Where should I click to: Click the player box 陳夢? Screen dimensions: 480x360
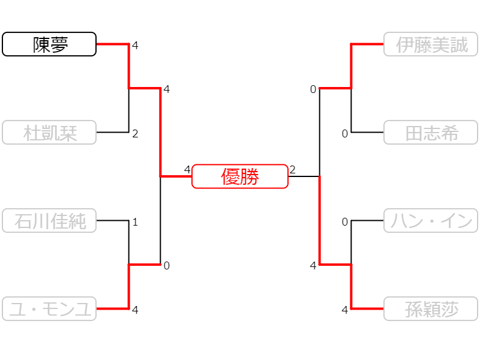click(49, 44)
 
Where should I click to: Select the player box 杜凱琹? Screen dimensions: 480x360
click(49, 132)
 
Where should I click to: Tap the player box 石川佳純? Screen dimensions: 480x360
click(49, 220)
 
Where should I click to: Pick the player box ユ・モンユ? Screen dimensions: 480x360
click(49, 308)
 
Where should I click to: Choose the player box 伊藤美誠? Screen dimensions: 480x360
click(431, 44)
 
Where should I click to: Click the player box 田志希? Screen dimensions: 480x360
click(431, 132)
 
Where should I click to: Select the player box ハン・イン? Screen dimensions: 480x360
click(431, 220)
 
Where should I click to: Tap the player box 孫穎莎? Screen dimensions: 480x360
click(431, 308)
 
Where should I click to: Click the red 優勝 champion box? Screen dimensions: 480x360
click(240, 176)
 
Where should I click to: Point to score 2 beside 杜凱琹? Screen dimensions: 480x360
click(135, 134)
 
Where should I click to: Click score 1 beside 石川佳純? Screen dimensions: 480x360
click(135, 222)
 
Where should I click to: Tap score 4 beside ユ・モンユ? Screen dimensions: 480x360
click(135, 310)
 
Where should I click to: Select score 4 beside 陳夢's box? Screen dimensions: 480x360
click(135, 46)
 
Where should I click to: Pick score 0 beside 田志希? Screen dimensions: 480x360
click(344, 134)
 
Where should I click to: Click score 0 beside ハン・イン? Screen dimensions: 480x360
click(344, 222)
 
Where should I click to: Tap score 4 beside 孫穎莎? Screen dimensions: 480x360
click(344, 310)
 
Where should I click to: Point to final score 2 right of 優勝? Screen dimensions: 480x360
click(292, 170)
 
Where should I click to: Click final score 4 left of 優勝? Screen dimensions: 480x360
click(187, 170)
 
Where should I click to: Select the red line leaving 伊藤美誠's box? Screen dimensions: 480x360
click(351, 66)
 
